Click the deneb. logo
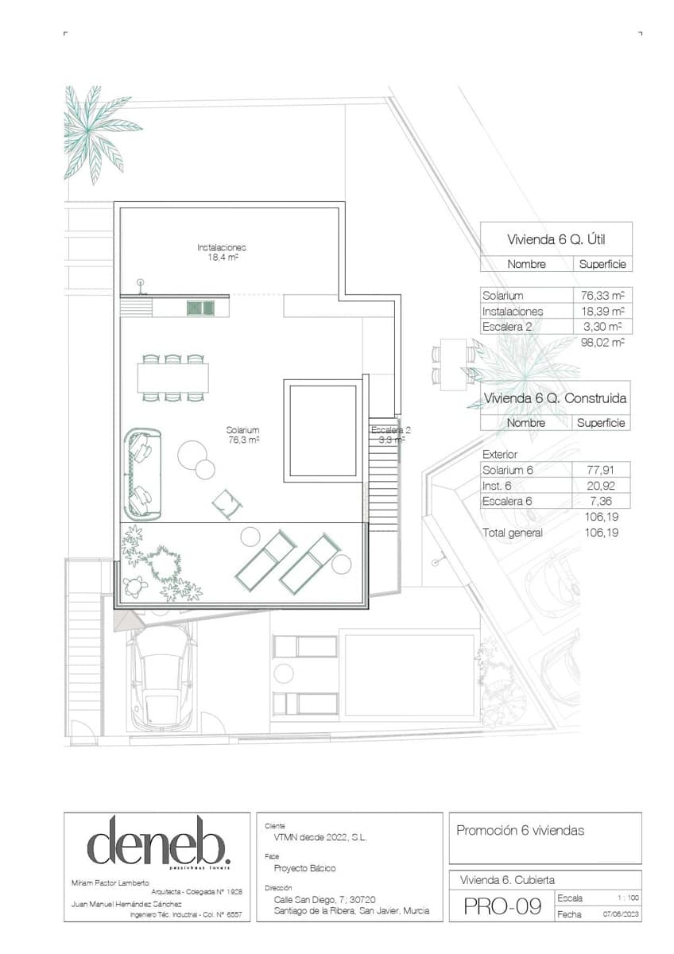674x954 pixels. tap(158, 841)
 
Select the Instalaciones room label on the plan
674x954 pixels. tap(220, 252)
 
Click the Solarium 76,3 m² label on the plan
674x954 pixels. tap(243, 434)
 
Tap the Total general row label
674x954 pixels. tap(513, 533)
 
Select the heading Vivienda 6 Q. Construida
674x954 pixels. tap(556, 398)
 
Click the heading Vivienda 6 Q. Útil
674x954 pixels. tap(556, 239)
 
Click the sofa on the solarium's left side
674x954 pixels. tap(142, 474)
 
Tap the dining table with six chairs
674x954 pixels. tap(172, 378)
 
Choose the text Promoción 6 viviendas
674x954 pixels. tap(520, 831)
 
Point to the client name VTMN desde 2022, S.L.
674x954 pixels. tap(316, 838)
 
